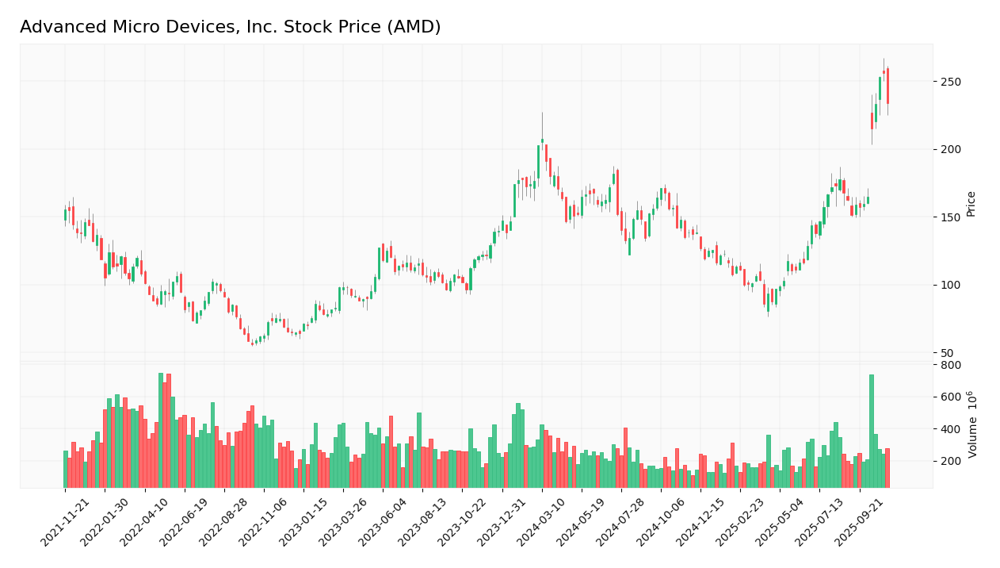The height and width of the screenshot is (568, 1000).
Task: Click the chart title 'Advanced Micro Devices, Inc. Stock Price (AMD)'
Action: point(230,27)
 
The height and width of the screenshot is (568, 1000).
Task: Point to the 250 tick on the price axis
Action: point(950,82)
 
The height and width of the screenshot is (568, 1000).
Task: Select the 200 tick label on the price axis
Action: point(950,150)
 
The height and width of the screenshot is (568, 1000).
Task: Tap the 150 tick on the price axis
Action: point(950,217)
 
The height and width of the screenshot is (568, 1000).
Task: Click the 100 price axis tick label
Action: point(950,286)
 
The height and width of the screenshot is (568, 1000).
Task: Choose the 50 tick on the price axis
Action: point(947,353)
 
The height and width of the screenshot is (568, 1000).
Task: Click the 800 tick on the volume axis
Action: point(950,365)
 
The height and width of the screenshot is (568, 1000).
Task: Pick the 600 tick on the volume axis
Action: point(950,397)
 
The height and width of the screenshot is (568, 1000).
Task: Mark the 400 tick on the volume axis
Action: point(950,429)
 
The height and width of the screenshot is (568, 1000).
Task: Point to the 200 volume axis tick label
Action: point(950,461)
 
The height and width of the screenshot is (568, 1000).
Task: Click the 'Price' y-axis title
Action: point(971,204)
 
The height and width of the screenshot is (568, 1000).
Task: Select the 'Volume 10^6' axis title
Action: point(972,424)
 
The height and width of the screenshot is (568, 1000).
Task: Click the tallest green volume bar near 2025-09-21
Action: point(872,431)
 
